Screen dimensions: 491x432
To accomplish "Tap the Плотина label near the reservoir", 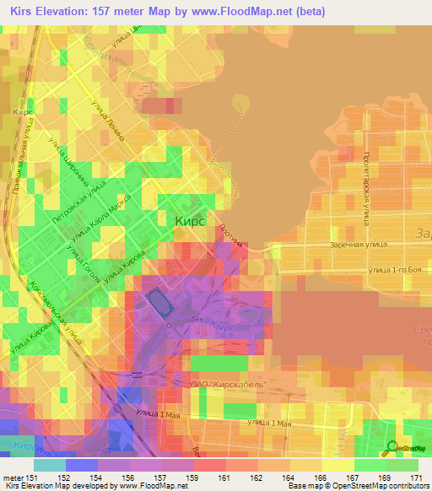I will click(235, 239).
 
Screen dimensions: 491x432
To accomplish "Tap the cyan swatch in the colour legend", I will click(50, 465).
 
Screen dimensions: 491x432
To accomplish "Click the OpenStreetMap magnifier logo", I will click(391, 449).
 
